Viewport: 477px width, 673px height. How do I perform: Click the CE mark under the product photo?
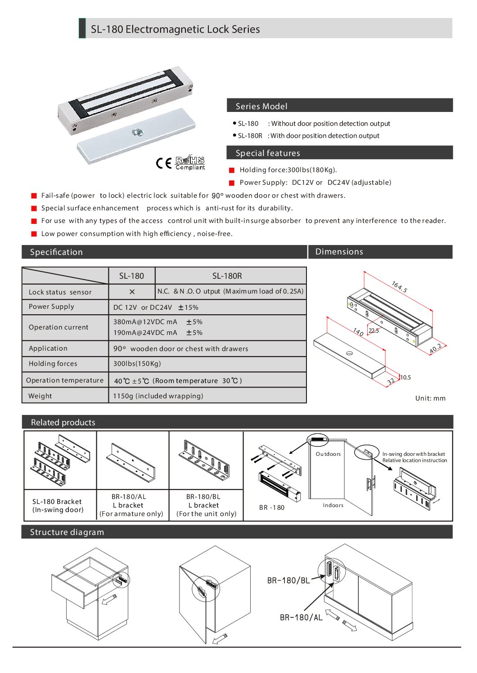164,163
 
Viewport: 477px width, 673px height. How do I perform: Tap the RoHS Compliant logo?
190,163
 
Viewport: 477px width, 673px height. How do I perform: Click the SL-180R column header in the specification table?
227,276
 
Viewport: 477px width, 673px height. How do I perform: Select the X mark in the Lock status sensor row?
132,292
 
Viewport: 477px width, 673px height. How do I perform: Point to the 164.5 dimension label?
399,287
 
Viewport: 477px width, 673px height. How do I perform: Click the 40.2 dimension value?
435,348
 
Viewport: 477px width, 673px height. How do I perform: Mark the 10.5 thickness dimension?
405,377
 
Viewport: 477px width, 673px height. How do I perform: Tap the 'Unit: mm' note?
430,398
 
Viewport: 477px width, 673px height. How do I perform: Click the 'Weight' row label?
40,396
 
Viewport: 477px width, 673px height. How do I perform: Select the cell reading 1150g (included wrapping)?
158,396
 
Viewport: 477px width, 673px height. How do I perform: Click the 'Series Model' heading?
261,106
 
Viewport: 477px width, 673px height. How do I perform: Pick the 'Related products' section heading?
63,422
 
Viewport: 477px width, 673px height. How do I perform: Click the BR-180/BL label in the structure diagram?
288,580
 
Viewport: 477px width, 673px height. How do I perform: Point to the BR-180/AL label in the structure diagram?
301,617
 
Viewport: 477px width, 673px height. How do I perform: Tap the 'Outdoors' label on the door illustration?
328,454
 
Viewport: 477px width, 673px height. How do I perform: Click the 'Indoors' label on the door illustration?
333,505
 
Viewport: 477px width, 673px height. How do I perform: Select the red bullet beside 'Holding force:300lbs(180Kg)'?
232,170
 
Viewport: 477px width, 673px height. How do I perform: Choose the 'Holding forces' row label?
53,364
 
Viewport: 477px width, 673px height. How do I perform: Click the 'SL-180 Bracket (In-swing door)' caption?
58,505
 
